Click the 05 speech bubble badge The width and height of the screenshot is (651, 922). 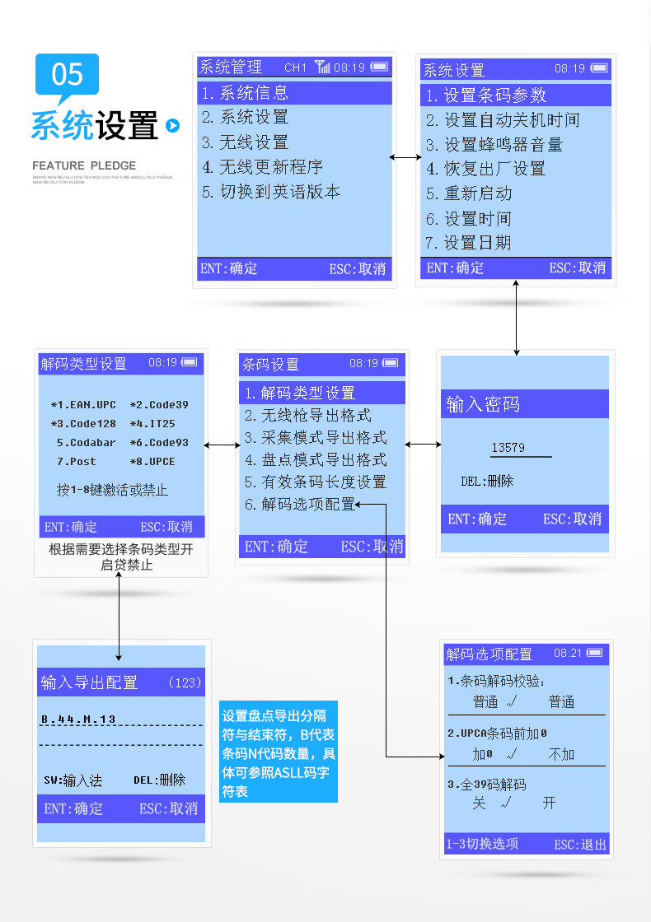pyautogui.click(x=67, y=75)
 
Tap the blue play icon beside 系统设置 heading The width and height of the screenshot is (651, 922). pyautogui.click(x=172, y=125)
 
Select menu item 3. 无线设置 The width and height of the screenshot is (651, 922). pyautogui.click(x=246, y=142)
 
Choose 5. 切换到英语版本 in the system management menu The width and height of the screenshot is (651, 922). pyautogui.click(x=271, y=192)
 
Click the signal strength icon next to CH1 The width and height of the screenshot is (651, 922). pyautogui.click(x=321, y=67)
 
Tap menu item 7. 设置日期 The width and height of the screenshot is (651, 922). pyautogui.click(x=468, y=243)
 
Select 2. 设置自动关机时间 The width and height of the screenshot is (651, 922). pyautogui.click(x=503, y=120)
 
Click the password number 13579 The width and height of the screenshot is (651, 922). pyautogui.click(x=508, y=448)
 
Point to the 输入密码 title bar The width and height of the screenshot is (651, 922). pyautogui.click(x=525, y=404)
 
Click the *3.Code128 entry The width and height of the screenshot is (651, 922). pyautogui.click(x=83, y=423)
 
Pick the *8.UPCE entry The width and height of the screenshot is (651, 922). pyautogui.click(x=152, y=462)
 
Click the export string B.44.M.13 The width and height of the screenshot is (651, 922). pyautogui.click(x=78, y=719)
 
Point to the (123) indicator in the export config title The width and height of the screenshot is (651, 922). pyautogui.click(x=184, y=682)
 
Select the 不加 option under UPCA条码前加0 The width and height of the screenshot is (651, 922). pyautogui.click(x=561, y=754)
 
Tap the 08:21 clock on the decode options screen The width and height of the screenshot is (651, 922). pyautogui.click(x=568, y=653)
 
